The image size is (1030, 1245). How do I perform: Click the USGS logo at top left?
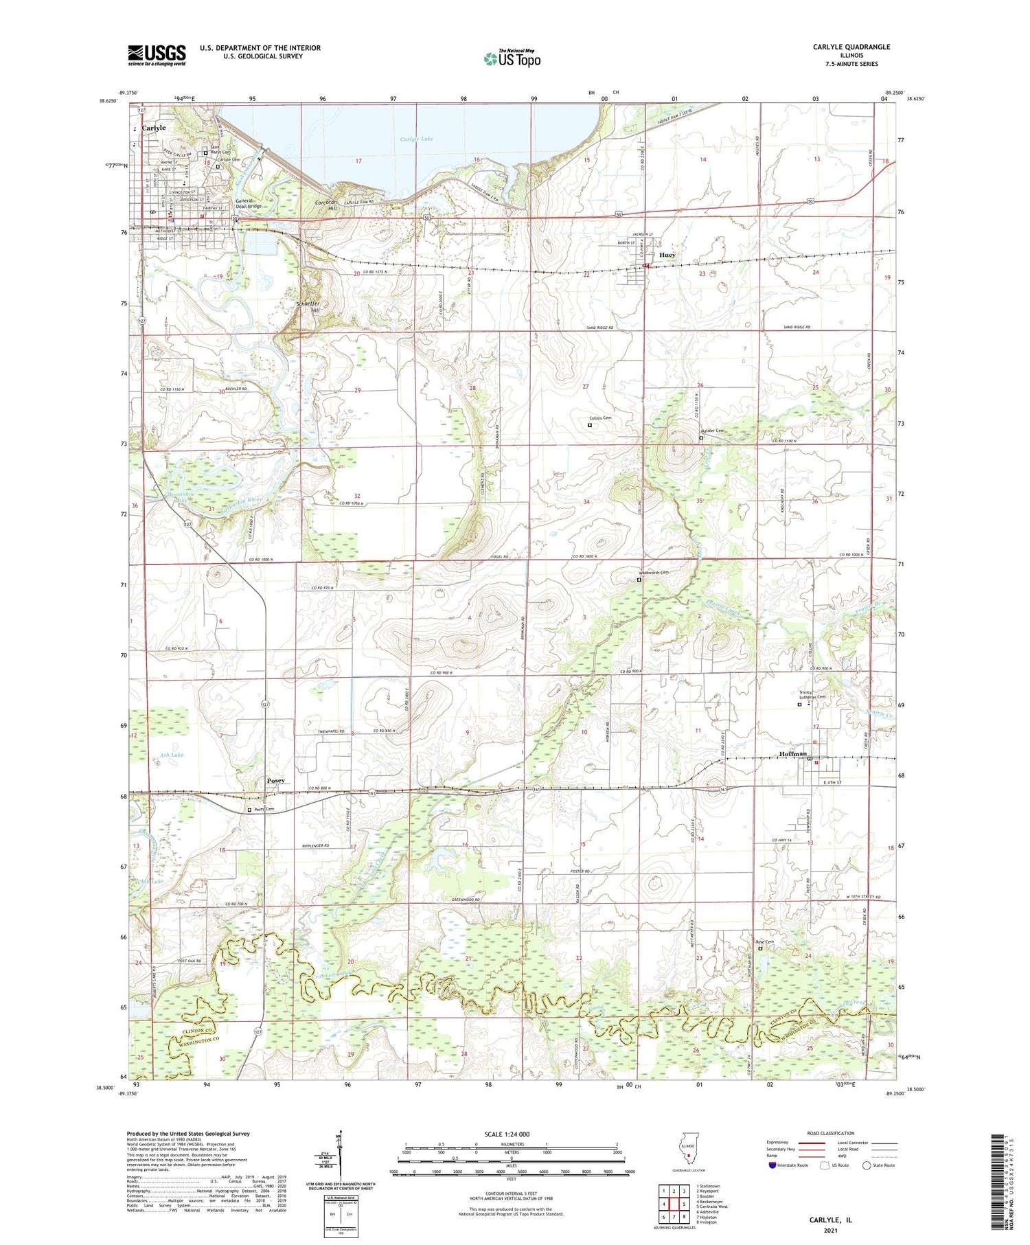(x=157, y=55)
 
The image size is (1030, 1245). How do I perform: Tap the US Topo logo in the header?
(x=512, y=59)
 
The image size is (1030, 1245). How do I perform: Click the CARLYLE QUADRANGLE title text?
(x=851, y=47)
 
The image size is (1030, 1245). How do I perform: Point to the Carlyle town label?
(x=154, y=128)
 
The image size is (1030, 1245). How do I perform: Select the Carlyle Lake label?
(x=417, y=139)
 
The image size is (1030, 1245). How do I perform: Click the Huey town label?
(x=667, y=255)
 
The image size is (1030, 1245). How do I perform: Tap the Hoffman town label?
(x=793, y=754)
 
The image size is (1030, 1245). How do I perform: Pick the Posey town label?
(x=275, y=781)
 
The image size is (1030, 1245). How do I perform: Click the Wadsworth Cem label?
(x=653, y=572)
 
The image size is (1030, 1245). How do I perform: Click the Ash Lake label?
(x=172, y=755)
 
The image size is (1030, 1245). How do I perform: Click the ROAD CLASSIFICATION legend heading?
(x=831, y=1133)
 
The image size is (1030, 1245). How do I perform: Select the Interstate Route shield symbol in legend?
(x=772, y=1165)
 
